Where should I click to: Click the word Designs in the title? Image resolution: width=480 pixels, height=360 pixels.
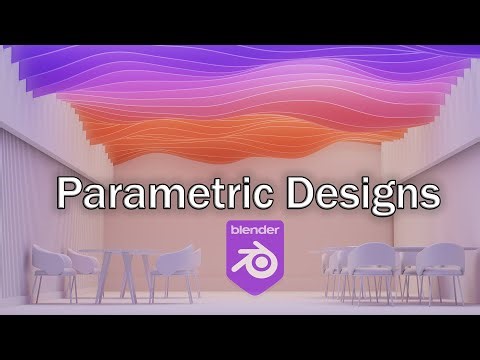357,192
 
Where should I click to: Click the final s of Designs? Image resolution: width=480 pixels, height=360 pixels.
427,194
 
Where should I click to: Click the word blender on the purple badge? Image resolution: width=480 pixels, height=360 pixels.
254,229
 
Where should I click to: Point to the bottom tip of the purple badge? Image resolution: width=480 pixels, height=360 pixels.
255,299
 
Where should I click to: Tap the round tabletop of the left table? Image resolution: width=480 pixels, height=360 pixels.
125,251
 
